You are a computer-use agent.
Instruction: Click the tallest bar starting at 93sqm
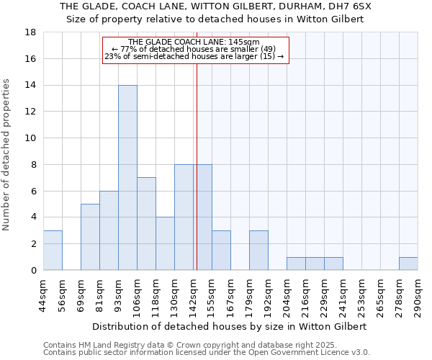pos(127,178)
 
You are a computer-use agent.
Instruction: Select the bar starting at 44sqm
pos(53,251)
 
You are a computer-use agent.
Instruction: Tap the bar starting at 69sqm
pos(90,237)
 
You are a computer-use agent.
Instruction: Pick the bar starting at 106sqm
pos(146,224)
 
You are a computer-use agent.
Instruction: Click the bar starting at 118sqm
pos(165,243)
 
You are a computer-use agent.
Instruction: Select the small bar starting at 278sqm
pos(408,264)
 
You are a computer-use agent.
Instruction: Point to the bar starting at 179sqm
pos(258,251)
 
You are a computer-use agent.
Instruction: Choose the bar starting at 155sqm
pos(221,251)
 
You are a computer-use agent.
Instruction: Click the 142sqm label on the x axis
pos(193,294)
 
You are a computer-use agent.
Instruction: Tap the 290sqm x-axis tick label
pos(418,294)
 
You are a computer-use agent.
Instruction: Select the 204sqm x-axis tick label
pos(287,294)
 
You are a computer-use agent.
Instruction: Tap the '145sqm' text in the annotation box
pos(243,42)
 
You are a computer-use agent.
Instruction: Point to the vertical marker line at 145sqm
pos(197,180)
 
